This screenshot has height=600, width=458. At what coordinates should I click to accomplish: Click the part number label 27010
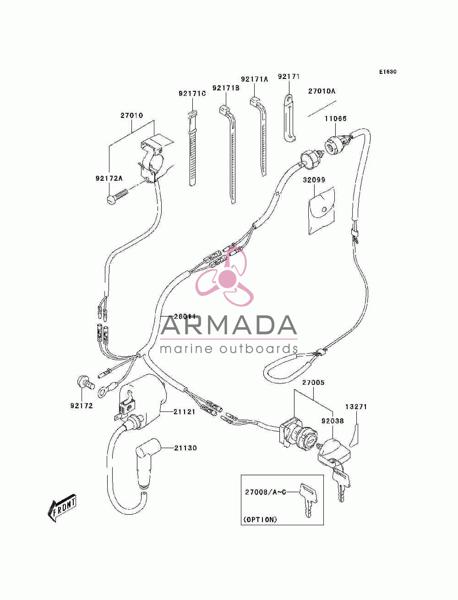tap(131, 115)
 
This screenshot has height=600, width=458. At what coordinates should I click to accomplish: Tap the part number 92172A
tap(109, 178)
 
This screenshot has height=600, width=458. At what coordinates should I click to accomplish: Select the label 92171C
tap(192, 94)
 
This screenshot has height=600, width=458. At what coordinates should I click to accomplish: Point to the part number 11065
tap(335, 119)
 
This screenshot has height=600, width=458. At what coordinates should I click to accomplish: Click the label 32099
tap(314, 180)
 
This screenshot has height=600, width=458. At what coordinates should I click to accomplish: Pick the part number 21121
tap(185, 411)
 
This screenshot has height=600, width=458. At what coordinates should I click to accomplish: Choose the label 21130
tap(185, 448)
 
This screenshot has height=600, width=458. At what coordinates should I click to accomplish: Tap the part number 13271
tap(356, 407)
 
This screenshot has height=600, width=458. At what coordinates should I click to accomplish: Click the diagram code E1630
tap(387, 72)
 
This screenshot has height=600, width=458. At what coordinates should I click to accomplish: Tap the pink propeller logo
tap(224, 277)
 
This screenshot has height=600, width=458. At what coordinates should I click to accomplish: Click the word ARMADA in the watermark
tap(229, 325)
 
